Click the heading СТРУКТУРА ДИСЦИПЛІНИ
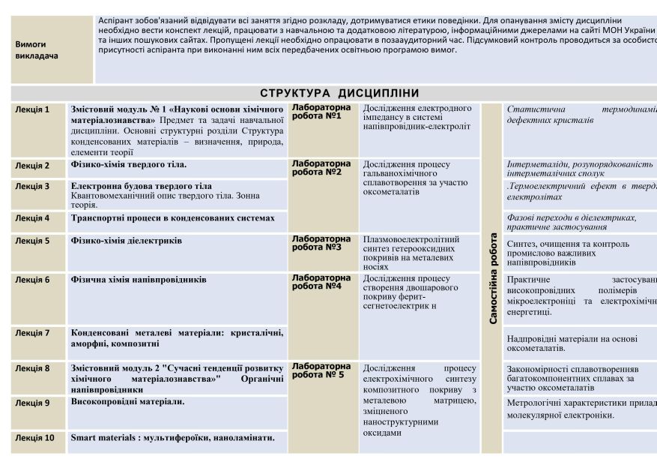339,93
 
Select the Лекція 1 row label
32,109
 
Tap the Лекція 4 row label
32,218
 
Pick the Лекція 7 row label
32,332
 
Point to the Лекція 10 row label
34,437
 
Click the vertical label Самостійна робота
493,277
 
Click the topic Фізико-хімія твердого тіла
128,164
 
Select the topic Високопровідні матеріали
127,402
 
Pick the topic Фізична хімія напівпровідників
139,280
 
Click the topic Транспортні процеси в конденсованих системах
172,218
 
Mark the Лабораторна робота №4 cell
321,281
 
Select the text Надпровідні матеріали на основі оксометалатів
572,343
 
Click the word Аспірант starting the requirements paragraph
117,19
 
